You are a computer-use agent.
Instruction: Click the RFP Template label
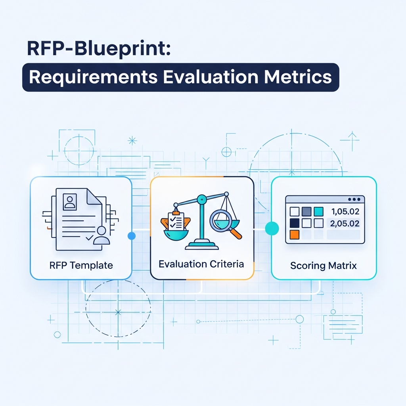click(x=81, y=265)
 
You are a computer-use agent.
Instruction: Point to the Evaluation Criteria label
click(x=201, y=264)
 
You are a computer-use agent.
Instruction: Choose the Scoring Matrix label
click(x=323, y=265)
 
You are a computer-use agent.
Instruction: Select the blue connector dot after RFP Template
click(x=132, y=236)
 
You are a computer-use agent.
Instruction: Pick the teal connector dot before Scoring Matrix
click(x=272, y=228)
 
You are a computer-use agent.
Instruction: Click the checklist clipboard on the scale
click(x=176, y=219)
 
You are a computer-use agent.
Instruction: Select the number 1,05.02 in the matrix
click(x=344, y=212)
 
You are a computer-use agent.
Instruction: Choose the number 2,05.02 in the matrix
click(x=344, y=223)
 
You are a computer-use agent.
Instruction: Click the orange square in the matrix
click(x=295, y=235)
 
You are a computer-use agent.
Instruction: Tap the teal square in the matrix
click(x=318, y=211)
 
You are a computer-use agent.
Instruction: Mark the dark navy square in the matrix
click(x=295, y=223)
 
